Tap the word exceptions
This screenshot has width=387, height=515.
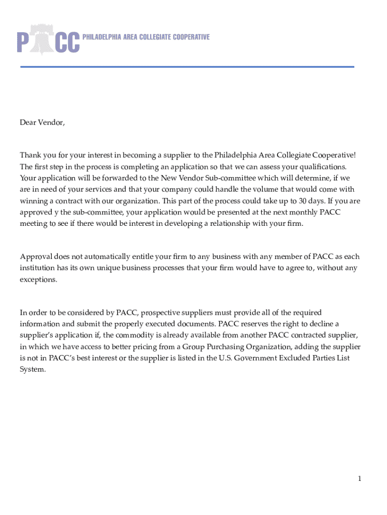pos(39,280)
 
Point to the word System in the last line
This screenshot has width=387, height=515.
pos(33,370)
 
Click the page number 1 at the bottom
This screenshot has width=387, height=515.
pos(360,479)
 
